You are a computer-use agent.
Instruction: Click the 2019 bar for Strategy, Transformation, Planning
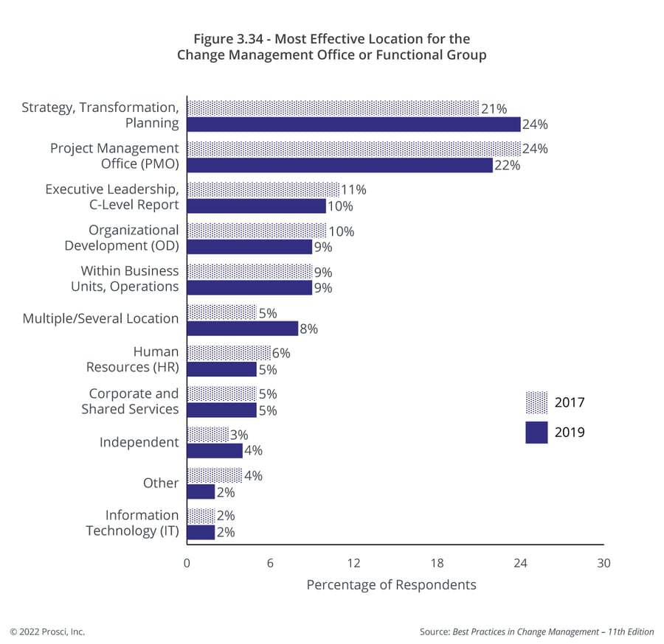[353, 124]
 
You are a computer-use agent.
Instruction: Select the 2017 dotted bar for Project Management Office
[353, 149]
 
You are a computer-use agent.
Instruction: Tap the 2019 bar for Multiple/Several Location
[242, 329]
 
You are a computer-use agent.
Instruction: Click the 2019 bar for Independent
[214, 450]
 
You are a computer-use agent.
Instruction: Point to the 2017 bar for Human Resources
[228, 353]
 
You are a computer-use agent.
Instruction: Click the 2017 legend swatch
[536, 403]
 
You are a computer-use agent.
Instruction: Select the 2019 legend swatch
[536, 432]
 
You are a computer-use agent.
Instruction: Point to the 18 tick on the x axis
[437, 563]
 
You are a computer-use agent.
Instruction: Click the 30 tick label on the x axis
[604, 563]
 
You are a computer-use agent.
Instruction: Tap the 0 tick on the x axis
[187, 563]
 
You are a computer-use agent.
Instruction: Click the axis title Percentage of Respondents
[391, 585]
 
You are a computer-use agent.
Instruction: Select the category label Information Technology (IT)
[132, 522]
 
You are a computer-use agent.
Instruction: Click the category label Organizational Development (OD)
[122, 238]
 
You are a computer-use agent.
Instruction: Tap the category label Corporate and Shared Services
[131, 402]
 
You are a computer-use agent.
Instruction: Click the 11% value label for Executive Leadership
[354, 190]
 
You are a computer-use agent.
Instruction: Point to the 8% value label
[308, 329]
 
